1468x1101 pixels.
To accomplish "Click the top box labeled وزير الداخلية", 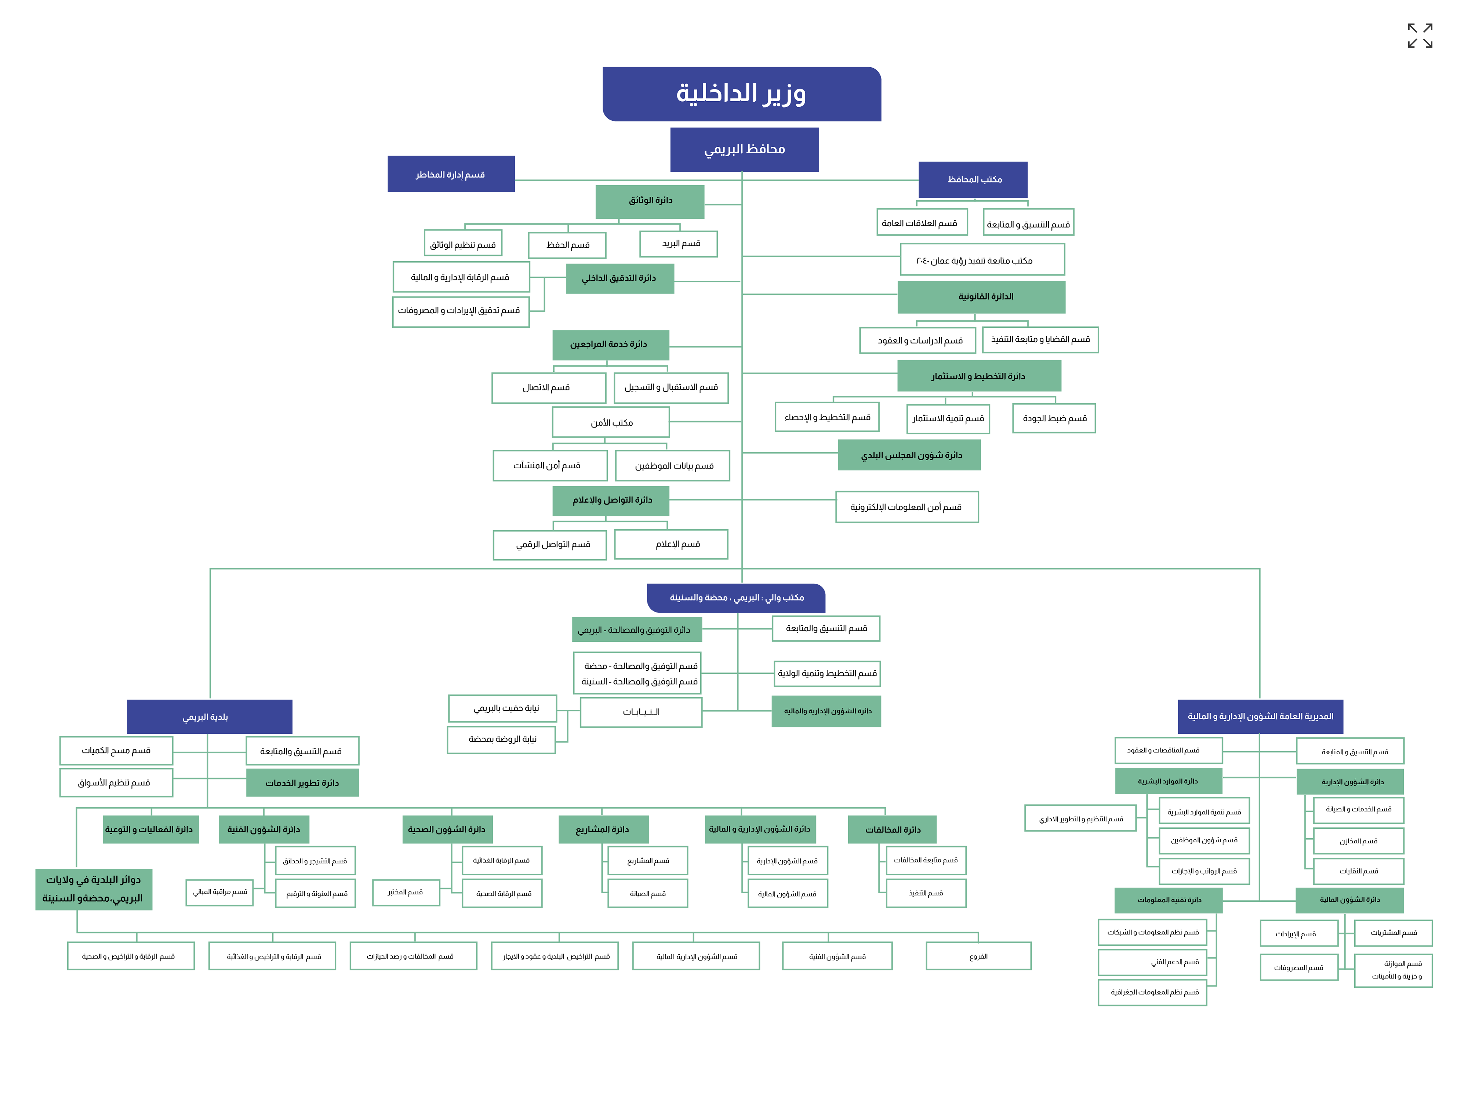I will coord(741,94).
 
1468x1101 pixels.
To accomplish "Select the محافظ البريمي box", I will coord(744,149).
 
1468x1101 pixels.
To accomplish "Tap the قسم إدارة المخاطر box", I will coord(451,174).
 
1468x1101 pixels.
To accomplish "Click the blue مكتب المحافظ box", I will coord(973,179).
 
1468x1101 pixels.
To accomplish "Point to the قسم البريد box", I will coord(678,244).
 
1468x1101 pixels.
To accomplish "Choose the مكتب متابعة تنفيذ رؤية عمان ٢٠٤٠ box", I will coord(982,259).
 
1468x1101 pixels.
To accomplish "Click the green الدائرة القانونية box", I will coord(981,297).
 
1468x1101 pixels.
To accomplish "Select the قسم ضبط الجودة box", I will coord(1053,418).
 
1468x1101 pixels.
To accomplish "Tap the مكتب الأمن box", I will coord(611,422).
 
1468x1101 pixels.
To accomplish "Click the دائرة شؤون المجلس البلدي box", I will coord(909,455).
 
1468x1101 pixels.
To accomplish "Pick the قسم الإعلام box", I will coord(671,544).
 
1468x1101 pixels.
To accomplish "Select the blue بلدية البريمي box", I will coord(209,717).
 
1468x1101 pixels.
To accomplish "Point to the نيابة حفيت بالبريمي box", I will coord(502,708).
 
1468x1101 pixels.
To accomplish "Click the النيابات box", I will coord(640,712).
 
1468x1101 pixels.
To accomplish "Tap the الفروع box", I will coord(978,956).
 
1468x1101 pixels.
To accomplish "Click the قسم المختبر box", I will coord(406,892).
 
